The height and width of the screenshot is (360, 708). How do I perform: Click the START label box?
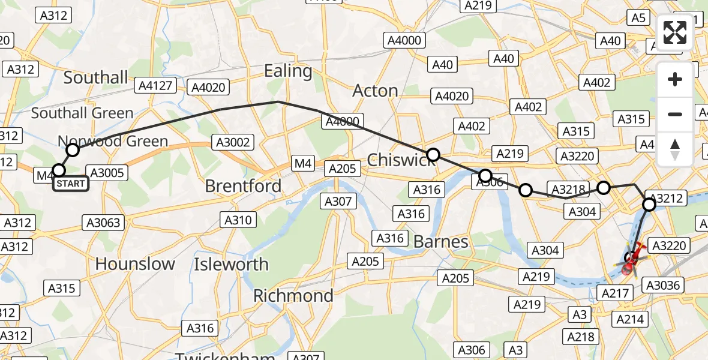[71, 184]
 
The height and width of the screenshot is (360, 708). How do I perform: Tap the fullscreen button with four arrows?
[675, 32]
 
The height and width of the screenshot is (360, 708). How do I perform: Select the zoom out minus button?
[675, 114]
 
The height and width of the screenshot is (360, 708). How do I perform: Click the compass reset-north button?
[675, 149]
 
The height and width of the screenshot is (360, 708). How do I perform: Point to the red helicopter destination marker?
[632, 260]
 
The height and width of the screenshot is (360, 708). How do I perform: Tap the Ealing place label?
[289, 71]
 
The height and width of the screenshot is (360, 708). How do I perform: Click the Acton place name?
[376, 91]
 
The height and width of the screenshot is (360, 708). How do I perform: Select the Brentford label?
[243, 186]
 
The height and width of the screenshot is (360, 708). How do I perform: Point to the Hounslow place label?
[135, 264]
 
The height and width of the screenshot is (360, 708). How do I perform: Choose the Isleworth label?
[231, 264]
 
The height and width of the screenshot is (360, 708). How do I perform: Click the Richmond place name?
[293, 296]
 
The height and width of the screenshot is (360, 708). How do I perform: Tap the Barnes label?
[441, 242]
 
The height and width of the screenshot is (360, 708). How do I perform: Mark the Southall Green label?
[82, 113]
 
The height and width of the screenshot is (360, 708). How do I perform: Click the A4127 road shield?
[155, 85]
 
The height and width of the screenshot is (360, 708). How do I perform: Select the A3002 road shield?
[232, 142]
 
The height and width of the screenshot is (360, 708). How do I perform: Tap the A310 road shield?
[238, 220]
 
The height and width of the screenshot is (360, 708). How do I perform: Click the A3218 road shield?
[567, 190]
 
